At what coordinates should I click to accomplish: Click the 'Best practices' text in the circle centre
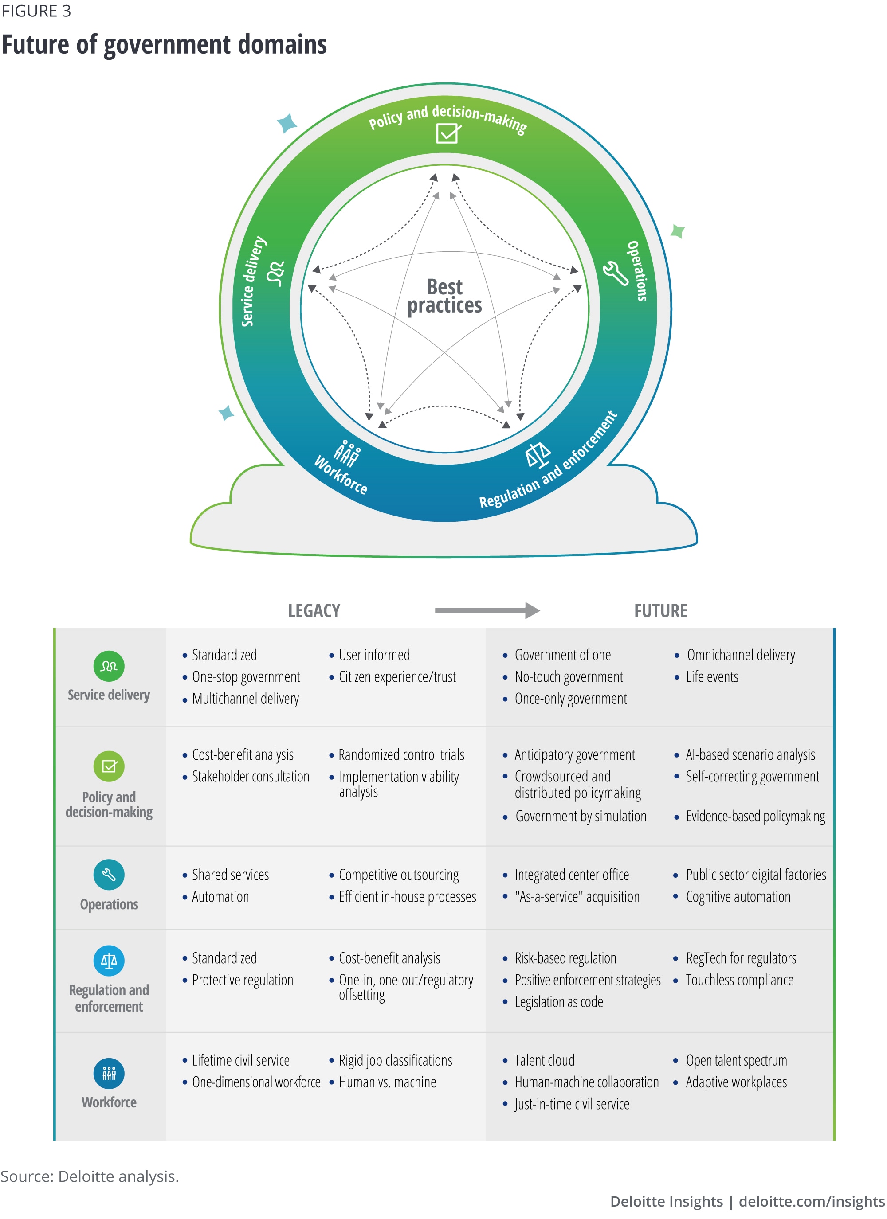444,296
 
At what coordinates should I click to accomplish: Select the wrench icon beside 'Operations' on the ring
615,273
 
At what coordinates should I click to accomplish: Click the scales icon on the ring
538,455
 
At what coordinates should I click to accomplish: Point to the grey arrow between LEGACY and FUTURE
487,610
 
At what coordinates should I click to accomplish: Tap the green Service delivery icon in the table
109,666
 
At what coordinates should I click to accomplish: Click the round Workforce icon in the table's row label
109,1073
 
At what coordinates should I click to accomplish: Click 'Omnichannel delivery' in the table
740,655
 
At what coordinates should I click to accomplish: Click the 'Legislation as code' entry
558,1002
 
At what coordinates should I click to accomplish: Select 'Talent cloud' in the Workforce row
544,1060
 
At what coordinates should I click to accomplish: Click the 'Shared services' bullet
230,875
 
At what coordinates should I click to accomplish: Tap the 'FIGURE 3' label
36,11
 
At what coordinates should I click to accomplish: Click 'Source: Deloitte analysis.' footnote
89,1176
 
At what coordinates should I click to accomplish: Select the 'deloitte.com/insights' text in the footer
811,1201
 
